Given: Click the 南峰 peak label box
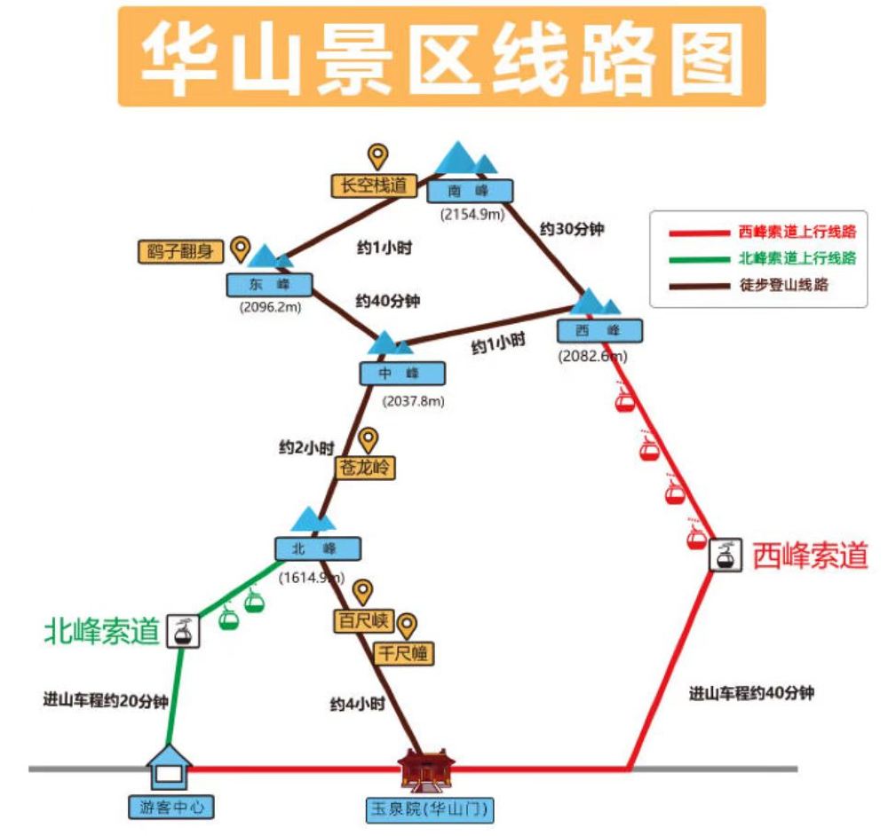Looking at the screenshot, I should [470, 191].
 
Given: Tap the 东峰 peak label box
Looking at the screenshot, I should [270, 284].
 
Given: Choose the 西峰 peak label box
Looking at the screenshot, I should [599, 330].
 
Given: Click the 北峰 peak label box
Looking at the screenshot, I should [317, 548].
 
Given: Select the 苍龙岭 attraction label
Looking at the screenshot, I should [365, 468].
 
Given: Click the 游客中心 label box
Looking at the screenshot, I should [170, 808].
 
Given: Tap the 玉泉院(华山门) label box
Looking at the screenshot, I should [430, 809].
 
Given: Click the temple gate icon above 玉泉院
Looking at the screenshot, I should [429, 769].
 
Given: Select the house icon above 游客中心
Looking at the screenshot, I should [169, 767].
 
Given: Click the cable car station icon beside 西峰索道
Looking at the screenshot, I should [725, 555].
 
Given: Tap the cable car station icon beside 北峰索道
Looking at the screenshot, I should [184, 631].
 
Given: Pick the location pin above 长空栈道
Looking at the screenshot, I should [379, 157].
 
